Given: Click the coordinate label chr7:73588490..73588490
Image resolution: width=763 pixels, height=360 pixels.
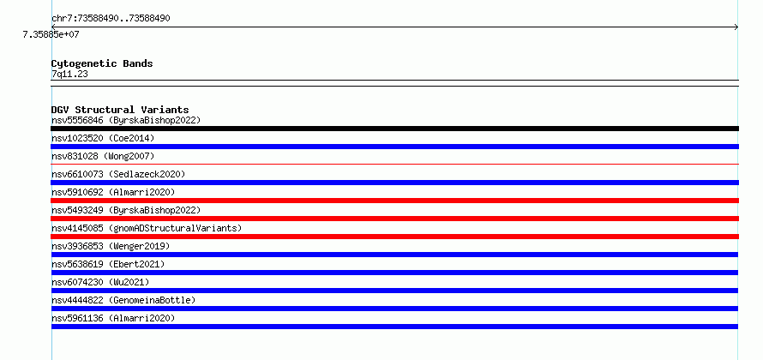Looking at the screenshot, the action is point(111,19).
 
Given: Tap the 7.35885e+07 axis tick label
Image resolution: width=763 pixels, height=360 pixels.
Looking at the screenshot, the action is point(51,35).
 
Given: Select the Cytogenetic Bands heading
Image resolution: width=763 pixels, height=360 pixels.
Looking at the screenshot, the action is point(102,63).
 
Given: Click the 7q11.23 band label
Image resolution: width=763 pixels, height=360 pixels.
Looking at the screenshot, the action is point(69,75).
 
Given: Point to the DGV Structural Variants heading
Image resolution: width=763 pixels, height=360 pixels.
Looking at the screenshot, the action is point(120,110).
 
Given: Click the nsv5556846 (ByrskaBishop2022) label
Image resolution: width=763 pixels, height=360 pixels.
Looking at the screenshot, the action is point(126,120).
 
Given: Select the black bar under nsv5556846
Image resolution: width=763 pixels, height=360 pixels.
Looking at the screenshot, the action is point(394,129).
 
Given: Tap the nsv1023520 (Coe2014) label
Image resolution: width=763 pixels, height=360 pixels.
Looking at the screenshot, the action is point(103,138).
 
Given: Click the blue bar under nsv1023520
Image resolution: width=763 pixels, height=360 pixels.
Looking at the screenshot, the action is point(394,147).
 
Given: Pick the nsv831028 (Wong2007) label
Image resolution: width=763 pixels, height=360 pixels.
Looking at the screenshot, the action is point(103,156).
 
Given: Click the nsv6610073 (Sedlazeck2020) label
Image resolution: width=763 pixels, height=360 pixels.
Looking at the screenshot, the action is point(118,174).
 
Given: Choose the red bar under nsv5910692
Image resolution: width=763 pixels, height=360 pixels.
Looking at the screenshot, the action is point(394,201).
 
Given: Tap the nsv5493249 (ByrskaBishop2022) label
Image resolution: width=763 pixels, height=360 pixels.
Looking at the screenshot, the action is point(126,210).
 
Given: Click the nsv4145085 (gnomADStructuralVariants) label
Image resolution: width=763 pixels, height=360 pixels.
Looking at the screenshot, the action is point(147,228).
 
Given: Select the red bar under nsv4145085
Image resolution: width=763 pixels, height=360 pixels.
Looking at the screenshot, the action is point(394,237).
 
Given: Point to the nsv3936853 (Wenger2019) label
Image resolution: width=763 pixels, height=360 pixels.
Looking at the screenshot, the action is point(111,246).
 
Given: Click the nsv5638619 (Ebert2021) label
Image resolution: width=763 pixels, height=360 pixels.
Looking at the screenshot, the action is point(108,264).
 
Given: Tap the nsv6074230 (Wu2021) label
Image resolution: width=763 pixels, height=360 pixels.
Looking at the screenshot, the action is point(100,282).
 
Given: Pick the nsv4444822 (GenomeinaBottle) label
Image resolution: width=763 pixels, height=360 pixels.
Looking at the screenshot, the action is point(123,300).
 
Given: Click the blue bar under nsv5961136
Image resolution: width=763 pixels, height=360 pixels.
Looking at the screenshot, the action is point(394,327).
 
